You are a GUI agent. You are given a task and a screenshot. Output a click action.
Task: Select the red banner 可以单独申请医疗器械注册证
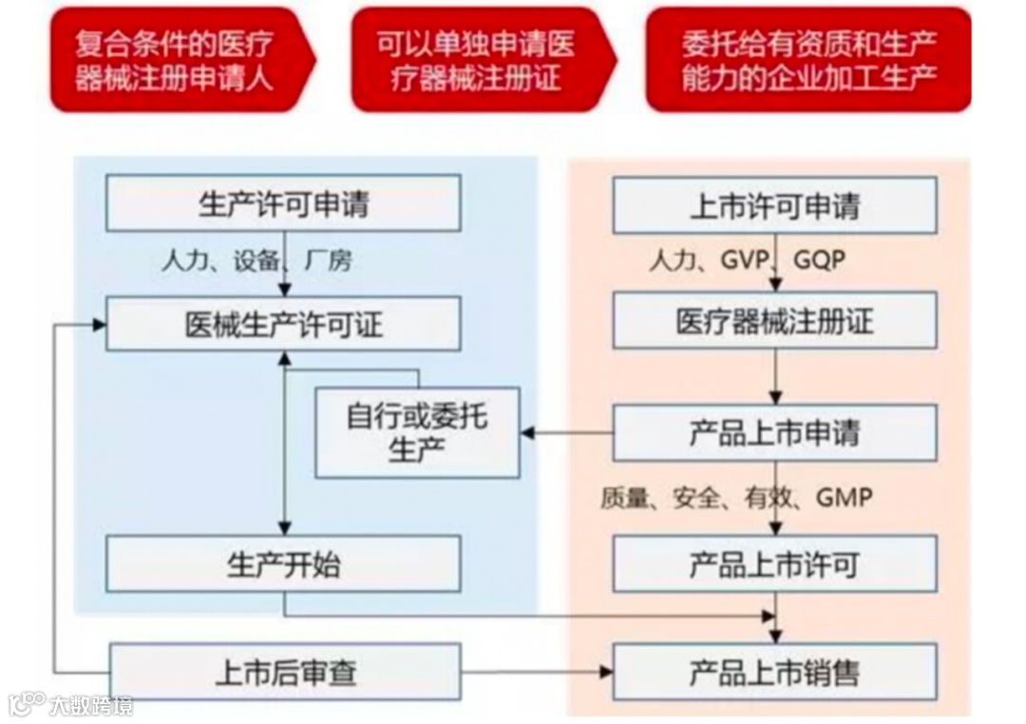tap(480, 59)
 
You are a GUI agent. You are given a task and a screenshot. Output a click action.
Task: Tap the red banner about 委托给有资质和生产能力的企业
tap(808, 59)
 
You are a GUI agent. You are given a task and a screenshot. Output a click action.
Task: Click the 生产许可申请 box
tap(283, 203)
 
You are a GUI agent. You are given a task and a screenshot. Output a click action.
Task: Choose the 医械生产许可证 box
tap(283, 323)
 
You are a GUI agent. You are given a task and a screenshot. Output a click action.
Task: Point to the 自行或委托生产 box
tap(417, 432)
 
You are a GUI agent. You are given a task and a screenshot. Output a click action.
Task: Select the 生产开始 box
tap(283, 564)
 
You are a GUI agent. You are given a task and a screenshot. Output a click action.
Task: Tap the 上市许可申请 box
tap(774, 205)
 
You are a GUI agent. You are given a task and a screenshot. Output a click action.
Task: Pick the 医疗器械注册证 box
tap(774, 322)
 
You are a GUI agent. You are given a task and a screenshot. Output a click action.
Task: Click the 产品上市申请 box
tap(774, 433)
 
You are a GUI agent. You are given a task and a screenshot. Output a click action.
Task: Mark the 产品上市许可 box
tap(774, 564)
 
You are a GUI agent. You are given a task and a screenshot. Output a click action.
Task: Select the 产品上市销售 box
tap(774, 673)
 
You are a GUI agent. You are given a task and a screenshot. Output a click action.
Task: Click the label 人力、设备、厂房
tap(256, 260)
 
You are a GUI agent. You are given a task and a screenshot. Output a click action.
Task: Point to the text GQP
tap(818, 260)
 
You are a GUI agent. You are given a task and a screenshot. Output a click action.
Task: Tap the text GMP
tap(843, 496)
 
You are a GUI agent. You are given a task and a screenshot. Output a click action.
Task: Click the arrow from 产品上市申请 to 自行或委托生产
tap(566, 433)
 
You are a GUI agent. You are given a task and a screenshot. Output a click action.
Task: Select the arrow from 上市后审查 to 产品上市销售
tap(537, 673)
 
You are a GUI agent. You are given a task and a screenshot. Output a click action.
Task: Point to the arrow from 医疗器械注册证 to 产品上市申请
tap(776, 376)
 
